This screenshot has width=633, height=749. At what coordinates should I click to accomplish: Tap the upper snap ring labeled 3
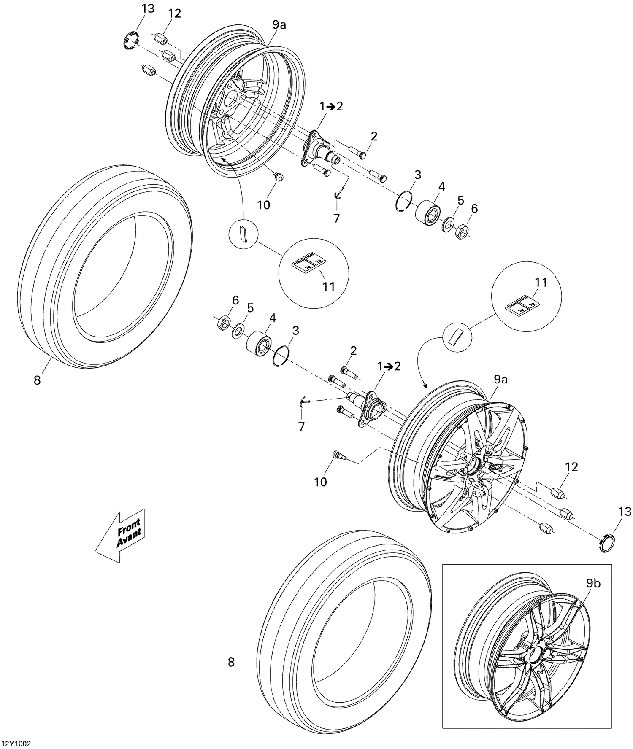point(404,200)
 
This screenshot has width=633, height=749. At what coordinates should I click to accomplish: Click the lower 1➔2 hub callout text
point(389,366)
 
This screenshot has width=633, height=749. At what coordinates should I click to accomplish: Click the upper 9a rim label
point(279,25)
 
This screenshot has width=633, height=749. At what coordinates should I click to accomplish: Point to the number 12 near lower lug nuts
point(572,467)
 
